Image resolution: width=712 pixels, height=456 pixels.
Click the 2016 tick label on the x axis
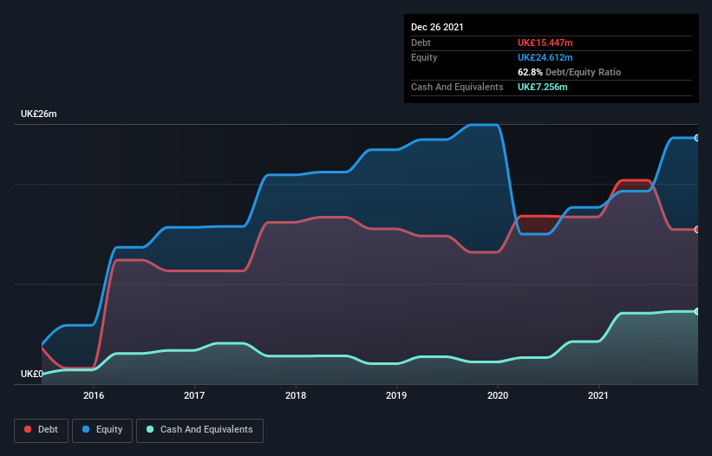point(94,395)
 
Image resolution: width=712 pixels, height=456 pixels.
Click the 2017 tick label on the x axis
point(194,395)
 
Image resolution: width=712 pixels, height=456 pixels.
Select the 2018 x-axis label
point(296,395)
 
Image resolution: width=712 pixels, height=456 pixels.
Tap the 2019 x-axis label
point(396,395)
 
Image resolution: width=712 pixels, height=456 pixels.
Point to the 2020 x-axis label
point(498,395)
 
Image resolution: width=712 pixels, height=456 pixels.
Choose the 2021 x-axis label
point(598,395)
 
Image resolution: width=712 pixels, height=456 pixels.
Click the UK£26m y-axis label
point(38,114)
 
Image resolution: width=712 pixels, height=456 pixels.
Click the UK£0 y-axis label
point(33,375)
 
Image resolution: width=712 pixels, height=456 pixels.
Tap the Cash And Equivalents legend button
point(199,430)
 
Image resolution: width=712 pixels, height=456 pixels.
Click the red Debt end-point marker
point(697,229)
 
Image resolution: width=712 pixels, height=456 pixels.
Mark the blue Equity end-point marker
point(697,138)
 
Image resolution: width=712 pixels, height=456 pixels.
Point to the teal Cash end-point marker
point(697,311)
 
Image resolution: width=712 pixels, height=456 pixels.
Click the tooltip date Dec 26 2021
point(437,27)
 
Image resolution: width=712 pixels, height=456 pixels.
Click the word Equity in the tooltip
point(424,57)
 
